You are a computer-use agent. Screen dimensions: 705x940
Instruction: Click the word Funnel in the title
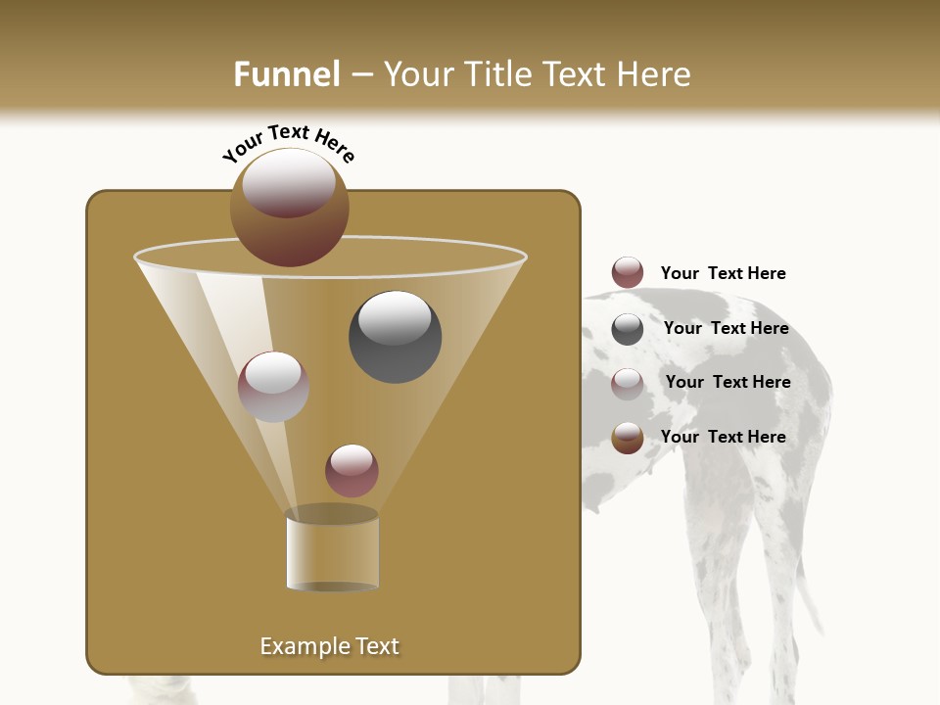click(286, 74)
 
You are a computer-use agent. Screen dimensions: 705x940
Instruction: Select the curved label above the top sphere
click(289, 143)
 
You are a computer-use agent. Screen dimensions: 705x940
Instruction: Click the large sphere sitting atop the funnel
click(289, 206)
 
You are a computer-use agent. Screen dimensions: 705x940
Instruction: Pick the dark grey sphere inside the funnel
click(396, 336)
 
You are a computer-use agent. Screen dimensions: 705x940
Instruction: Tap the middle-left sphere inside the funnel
click(273, 386)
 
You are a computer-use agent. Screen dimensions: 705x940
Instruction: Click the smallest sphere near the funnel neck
click(352, 470)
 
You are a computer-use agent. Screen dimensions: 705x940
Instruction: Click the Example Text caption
click(329, 646)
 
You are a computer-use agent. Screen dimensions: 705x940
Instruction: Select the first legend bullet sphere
click(628, 273)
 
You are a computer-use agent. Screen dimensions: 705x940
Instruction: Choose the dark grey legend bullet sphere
click(628, 329)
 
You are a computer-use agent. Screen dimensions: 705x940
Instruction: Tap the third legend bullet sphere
click(628, 383)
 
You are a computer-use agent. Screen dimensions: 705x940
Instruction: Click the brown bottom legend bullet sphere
click(628, 438)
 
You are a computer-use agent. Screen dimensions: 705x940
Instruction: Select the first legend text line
click(723, 273)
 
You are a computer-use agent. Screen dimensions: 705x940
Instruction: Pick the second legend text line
click(726, 328)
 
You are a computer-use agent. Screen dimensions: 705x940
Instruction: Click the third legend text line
click(728, 382)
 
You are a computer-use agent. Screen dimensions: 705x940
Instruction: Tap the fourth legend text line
click(723, 437)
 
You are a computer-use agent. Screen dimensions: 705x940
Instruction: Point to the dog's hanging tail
click(809, 587)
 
